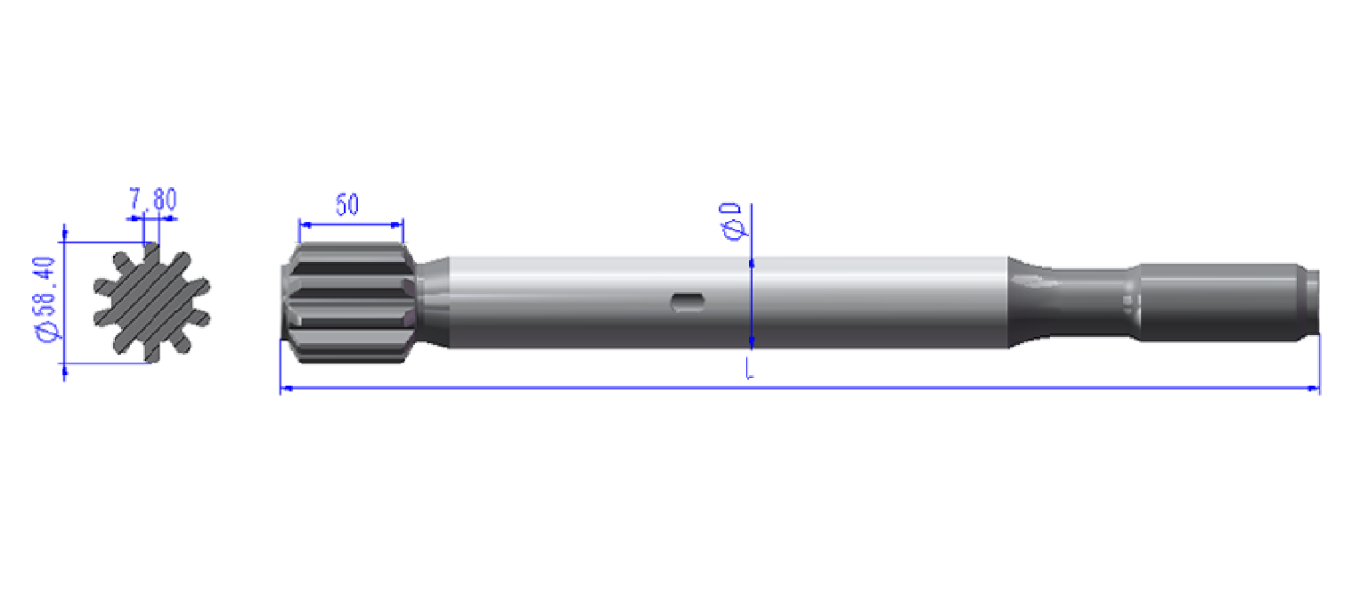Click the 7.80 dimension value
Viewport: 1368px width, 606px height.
[152, 199]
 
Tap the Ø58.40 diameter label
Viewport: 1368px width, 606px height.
[45, 299]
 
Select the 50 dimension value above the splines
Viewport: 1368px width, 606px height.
[347, 205]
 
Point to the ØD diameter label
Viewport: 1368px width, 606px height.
[731, 221]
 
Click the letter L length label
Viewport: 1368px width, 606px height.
[750, 368]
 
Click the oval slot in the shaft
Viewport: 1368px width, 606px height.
[688, 302]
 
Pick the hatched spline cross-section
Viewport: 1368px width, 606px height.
[151, 302]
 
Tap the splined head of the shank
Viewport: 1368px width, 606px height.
[349, 302]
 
